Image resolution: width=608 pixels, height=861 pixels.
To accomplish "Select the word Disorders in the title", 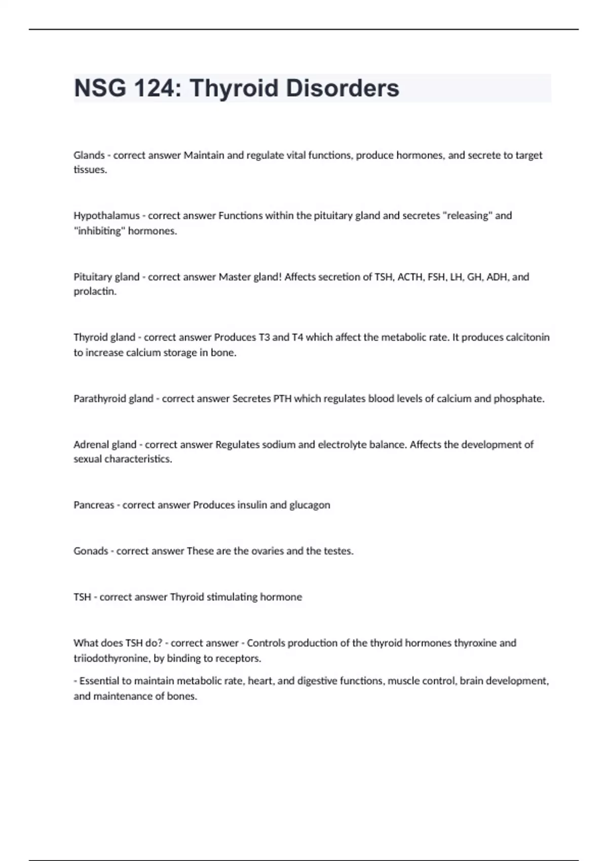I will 343,88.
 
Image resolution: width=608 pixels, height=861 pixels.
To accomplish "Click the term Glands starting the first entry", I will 89,155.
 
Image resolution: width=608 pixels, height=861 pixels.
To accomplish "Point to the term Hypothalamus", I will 106,216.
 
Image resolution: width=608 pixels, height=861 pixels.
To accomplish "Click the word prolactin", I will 95,292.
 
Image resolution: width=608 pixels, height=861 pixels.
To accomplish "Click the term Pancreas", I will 94,505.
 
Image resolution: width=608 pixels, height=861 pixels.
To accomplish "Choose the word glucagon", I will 310,505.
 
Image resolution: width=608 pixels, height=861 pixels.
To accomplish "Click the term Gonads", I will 91,551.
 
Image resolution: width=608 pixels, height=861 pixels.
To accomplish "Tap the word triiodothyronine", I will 111,658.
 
